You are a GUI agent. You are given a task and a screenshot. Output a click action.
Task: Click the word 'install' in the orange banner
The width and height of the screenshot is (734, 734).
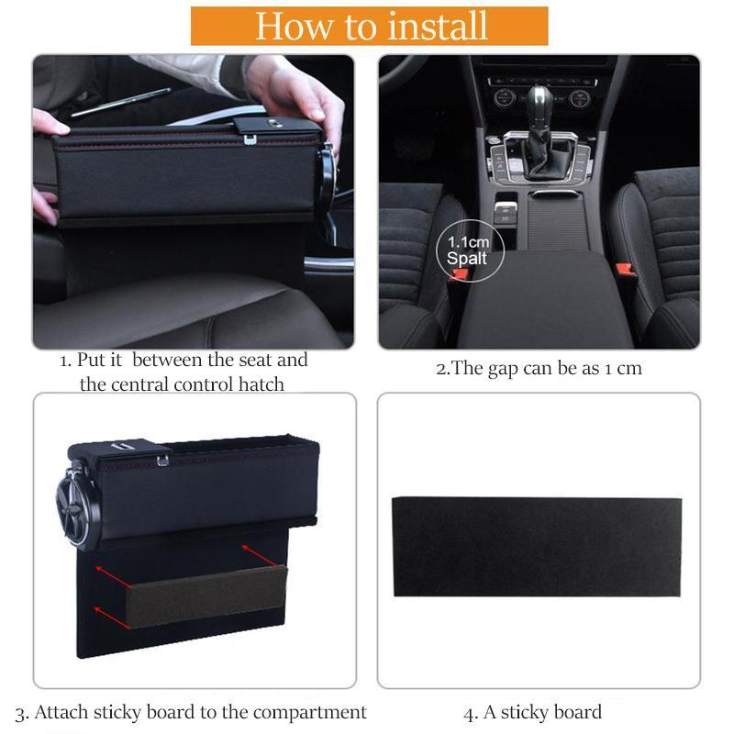pyautogui.click(x=439, y=27)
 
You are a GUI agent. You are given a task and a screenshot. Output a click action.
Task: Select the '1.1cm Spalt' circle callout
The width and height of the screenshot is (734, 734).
pyautogui.click(x=470, y=250)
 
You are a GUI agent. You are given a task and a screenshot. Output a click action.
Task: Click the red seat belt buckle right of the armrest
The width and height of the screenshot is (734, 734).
pyautogui.click(x=626, y=270)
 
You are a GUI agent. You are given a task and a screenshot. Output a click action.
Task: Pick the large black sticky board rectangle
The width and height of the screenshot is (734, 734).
pyautogui.click(x=537, y=547)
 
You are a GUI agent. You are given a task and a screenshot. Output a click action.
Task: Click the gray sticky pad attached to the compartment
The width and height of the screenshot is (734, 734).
pyautogui.click(x=206, y=595)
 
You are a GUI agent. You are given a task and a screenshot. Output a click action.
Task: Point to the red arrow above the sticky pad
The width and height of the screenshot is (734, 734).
pyautogui.click(x=260, y=556)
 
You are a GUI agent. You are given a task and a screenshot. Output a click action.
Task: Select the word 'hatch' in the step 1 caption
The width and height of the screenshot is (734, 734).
pyautogui.click(x=261, y=384)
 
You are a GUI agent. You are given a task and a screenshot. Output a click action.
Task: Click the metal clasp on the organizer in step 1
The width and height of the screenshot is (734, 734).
pyautogui.click(x=250, y=139)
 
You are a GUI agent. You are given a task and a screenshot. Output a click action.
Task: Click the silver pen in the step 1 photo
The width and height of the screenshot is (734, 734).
pyautogui.click(x=120, y=102)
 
